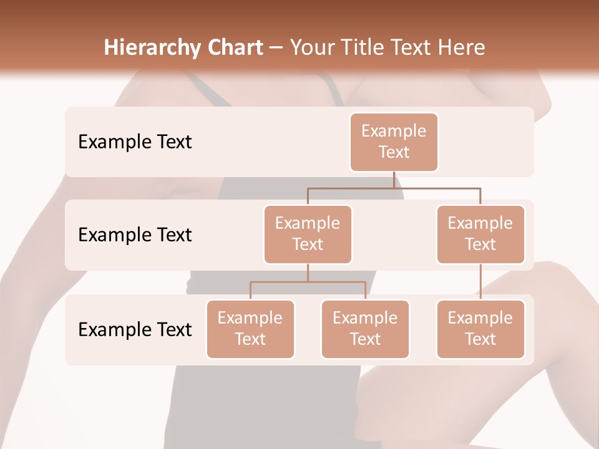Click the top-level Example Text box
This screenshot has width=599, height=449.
pos(394,142)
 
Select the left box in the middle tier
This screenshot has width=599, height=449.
pos(308,234)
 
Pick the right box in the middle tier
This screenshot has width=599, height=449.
pos(480,234)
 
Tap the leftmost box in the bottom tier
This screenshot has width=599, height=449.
pos(250,329)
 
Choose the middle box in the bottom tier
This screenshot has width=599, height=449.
pos(365,329)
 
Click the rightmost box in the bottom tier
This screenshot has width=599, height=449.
pos(480,329)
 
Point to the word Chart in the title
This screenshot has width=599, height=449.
pos(233,47)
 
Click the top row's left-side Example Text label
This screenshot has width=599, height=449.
pos(135,142)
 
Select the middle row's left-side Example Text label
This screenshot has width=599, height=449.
pos(135,234)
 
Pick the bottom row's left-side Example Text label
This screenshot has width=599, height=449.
pos(135,329)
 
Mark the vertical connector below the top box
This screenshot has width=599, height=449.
pos(394,180)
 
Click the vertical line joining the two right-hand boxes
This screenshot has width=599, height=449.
pos(480,282)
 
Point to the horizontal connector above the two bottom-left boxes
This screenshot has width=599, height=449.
pos(308,282)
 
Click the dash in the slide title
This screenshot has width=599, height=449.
pos(276,48)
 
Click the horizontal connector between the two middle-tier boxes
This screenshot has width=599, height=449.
pos(394,187)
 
